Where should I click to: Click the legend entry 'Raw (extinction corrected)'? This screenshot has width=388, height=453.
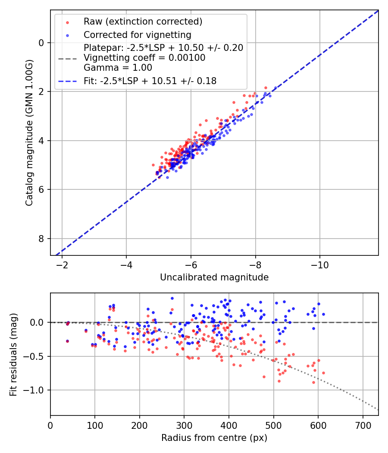(143, 22)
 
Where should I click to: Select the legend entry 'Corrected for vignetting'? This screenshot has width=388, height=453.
(137, 35)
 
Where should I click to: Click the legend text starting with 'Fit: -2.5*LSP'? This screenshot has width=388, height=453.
(150, 81)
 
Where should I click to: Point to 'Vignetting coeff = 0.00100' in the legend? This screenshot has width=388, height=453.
(144, 57)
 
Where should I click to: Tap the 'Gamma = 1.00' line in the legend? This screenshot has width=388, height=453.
(118, 67)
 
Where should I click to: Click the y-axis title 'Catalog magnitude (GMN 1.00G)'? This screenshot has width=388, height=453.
(29, 132)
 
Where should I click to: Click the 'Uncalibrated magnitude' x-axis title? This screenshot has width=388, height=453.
(214, 277)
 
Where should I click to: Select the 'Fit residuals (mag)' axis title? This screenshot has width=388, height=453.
(13, 354)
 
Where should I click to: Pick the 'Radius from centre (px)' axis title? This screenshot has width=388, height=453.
(214, 438)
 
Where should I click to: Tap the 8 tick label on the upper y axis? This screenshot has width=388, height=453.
(41, 239)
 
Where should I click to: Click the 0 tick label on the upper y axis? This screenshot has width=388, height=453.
(41, 43)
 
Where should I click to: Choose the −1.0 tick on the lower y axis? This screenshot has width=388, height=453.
(36, 390)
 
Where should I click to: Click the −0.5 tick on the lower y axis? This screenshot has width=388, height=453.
(36, 356)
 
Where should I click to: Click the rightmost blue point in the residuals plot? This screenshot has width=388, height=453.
(323, 314)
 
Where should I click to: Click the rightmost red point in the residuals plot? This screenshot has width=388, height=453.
(323, 373)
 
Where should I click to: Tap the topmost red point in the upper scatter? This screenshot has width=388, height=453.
(266, 88)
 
